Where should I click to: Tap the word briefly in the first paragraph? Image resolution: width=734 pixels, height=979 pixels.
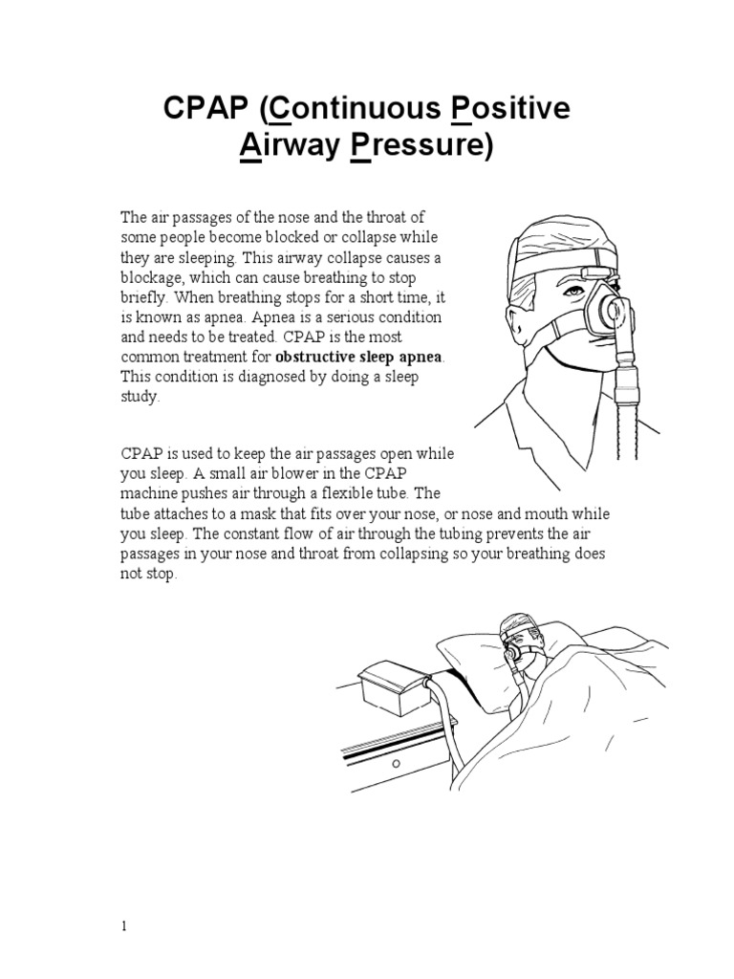[x=143, y=297]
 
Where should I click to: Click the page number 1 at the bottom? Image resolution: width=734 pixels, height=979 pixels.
[x=124, y=926]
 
